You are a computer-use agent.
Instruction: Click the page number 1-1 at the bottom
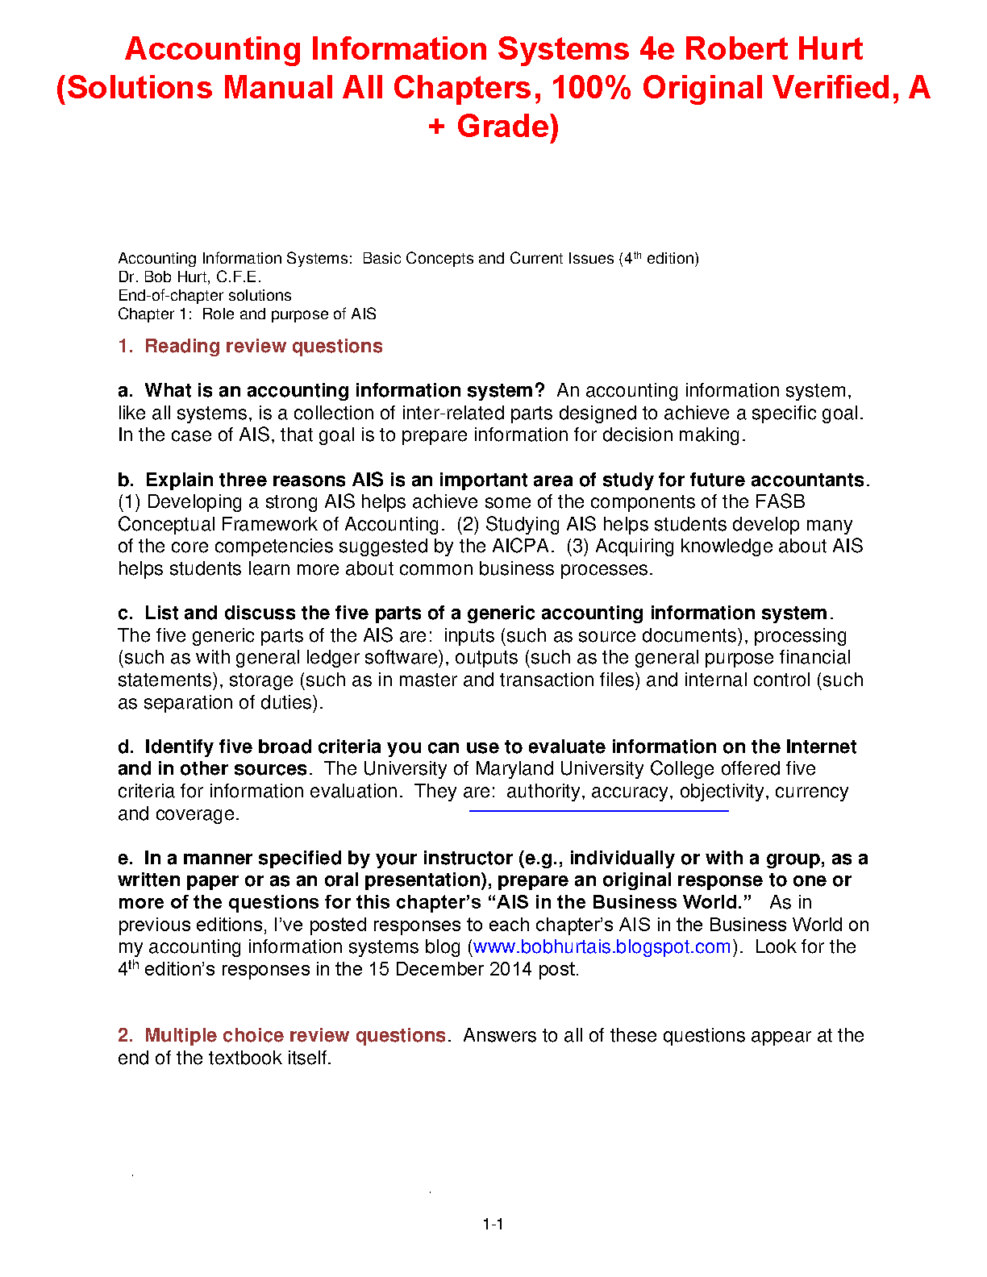click(493, 1225)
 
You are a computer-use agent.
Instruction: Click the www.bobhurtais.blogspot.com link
click(602, 947)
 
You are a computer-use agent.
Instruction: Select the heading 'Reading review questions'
click(263, 347)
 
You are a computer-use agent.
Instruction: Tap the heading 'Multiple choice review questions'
click(294, 1036)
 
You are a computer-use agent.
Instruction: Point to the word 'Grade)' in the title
click(508, 127)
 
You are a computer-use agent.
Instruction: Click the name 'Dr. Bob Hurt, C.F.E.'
click(189, 277)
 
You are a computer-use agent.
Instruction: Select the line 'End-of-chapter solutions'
click(205, 296)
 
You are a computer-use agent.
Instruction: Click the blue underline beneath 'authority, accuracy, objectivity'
click(598, 811)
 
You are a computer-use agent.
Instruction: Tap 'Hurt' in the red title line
click(830, 49)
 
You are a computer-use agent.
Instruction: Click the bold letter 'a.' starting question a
click(125, 391)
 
